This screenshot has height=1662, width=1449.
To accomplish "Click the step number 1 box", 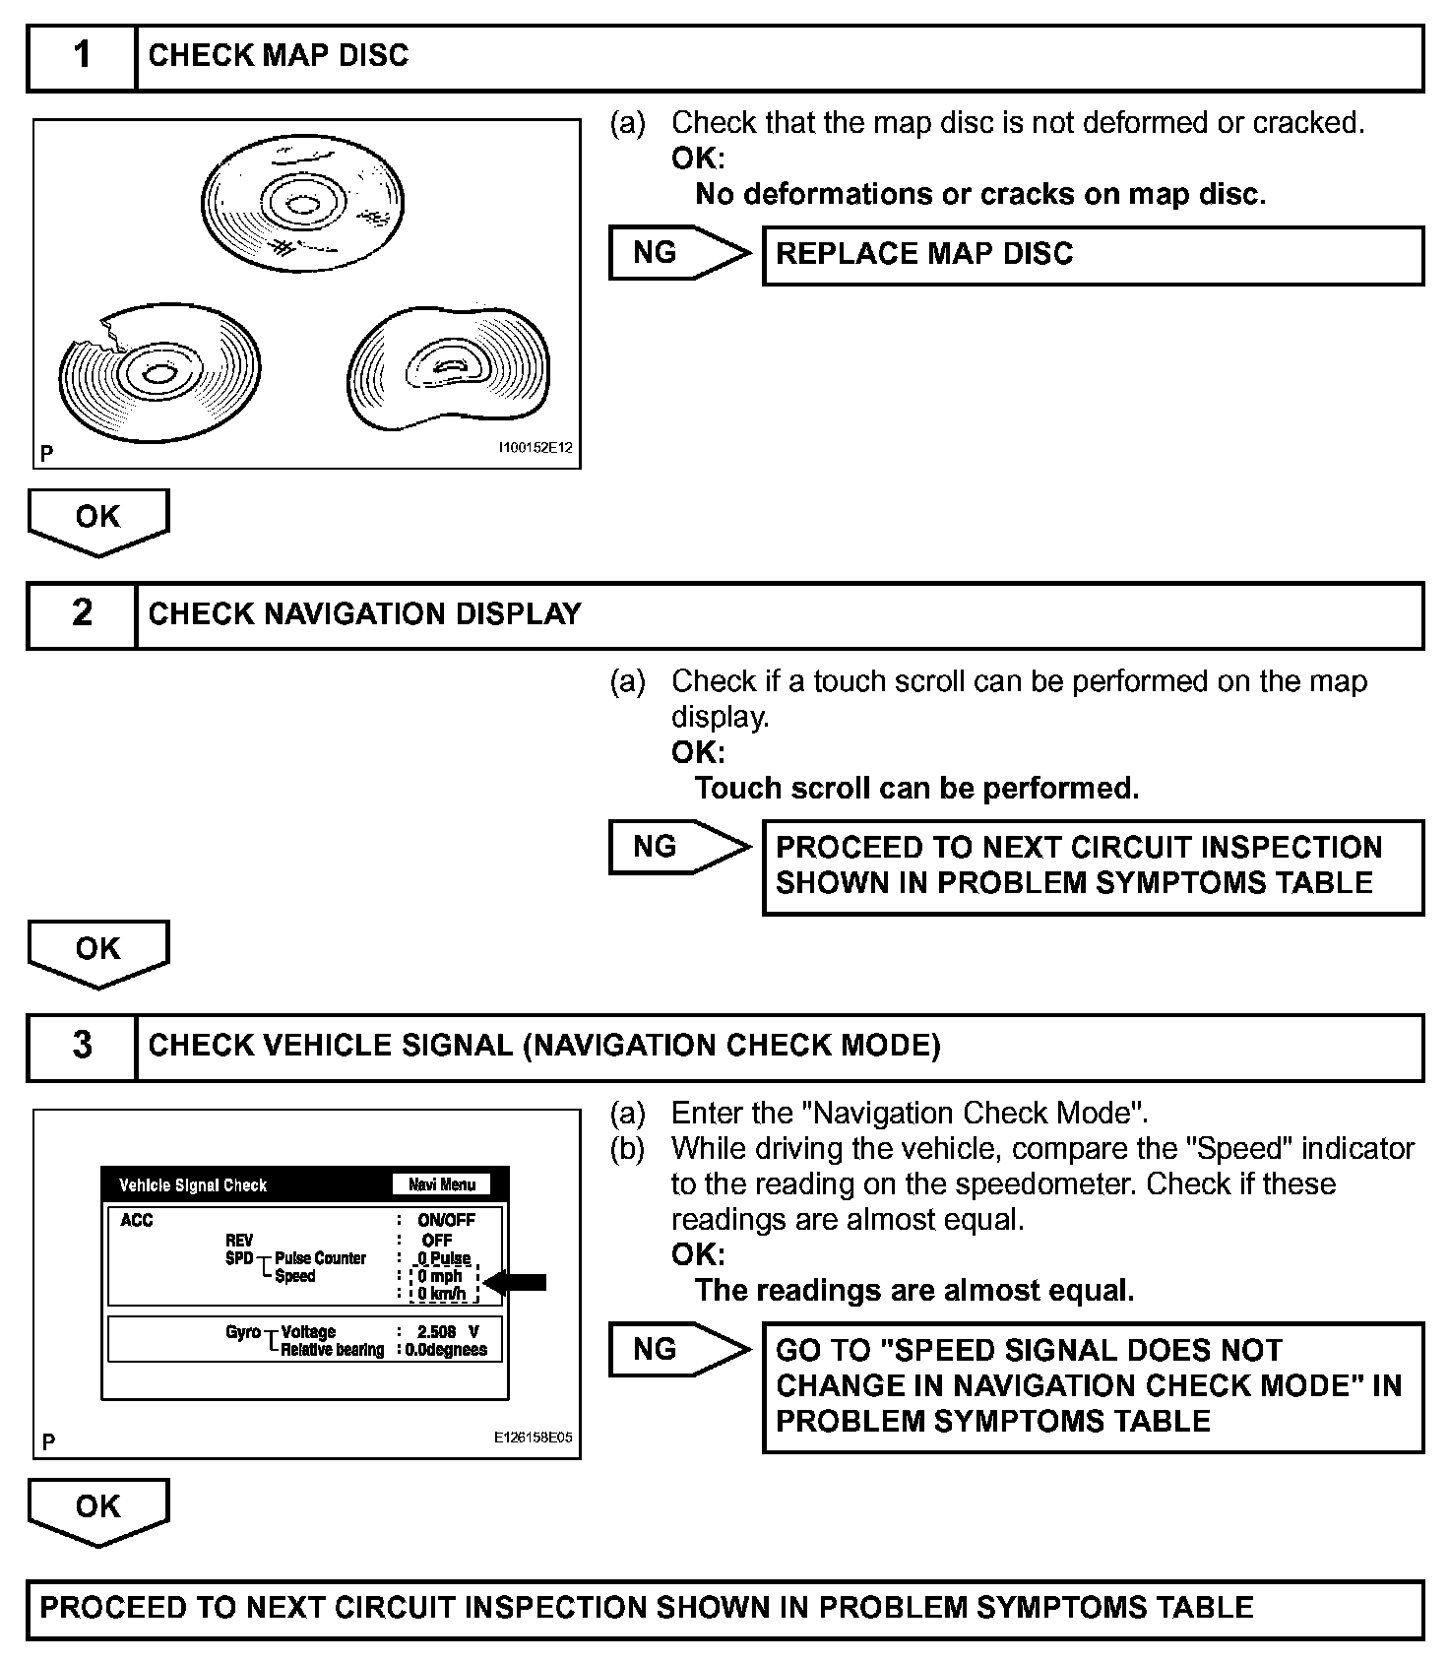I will point(82,57).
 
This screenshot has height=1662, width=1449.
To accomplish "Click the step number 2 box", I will point(82,614).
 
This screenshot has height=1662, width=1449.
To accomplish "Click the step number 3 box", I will point(82,1047).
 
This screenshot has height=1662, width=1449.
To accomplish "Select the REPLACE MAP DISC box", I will point(1093,255).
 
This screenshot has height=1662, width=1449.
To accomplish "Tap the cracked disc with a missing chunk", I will point(158,372).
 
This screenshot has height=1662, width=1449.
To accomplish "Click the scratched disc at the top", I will point(302,206).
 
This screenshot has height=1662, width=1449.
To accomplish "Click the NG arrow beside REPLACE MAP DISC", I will point(677,253).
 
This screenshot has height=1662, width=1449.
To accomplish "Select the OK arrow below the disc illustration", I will point(98,519).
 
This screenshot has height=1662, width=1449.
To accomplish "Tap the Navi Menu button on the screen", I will point(442,1184).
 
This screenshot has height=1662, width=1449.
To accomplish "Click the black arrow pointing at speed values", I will point(517,1281).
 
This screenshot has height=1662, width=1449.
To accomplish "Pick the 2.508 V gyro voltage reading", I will point(448,1331).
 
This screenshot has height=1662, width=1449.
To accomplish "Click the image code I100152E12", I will point(535,448).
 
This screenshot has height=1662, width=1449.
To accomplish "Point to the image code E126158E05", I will point(533,1438).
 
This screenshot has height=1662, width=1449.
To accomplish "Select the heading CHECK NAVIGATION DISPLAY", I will point(364,614).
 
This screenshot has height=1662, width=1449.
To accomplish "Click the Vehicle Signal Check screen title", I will point(193,1185).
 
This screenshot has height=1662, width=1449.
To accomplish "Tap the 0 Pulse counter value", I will point(444,1258).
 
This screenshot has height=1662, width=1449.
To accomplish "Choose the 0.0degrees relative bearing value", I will point(447,1350).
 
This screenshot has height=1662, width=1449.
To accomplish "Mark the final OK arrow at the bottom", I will point(98,1508).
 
